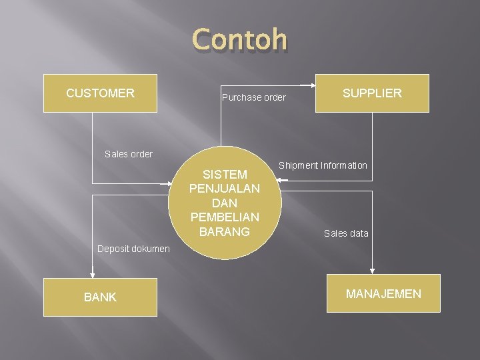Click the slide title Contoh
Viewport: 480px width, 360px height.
pos(240,39)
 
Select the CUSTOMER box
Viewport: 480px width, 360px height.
pos(100,93)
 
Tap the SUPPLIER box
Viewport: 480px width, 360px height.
pos(372,93)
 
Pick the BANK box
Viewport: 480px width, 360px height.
pos(100,297)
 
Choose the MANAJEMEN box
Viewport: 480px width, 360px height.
pos(383,293)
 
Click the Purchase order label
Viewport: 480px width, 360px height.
pos(253,97)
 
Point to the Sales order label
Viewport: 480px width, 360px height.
pos(129,154)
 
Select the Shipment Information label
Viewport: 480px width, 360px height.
pos(323,165)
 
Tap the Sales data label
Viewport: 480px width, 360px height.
pos(346,233)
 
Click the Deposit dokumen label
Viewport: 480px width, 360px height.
pos(133,249)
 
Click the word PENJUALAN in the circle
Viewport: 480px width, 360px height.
pos(225,189)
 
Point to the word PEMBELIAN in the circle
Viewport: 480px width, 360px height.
pos(225,217)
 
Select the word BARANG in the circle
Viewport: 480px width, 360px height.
pos(225,231)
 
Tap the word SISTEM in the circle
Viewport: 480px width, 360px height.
pos(225,175)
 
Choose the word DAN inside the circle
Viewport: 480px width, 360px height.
pos(225,203)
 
